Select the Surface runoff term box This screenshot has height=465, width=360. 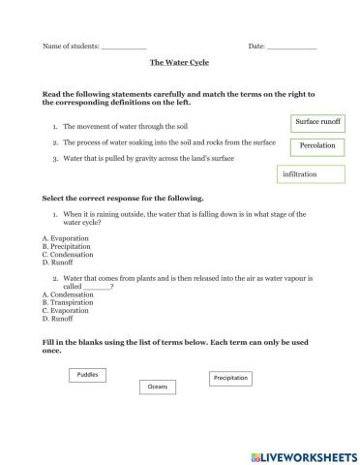pyautogui.click(x=317, y=123)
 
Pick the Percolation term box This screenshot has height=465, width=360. pyautogui.click(x=317, y=145)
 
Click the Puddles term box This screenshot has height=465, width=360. pyautogui.click(x=87, y=374)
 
